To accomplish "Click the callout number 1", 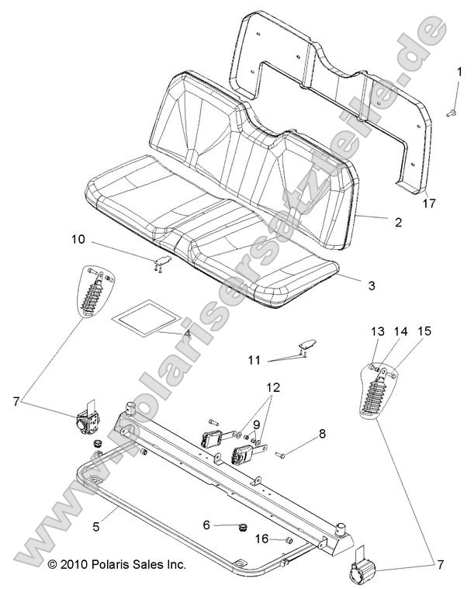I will click(456, 71).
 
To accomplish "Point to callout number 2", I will click(397, 222).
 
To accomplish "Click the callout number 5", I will click(96, 525).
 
